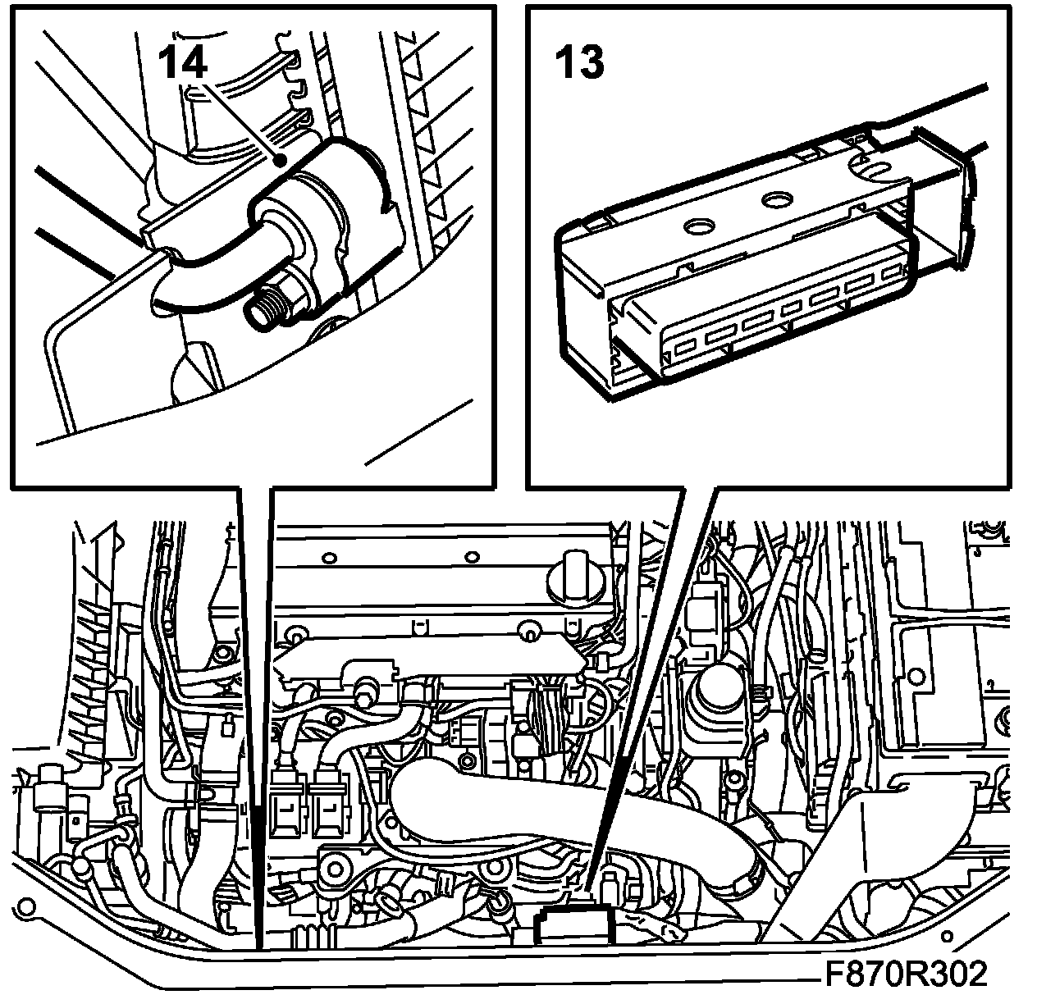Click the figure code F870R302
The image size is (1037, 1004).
(x=905, y=975)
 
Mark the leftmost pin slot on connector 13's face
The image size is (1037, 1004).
(x=682, y=349)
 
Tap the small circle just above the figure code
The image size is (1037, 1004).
(x=949, y=936)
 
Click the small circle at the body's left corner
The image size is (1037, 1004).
(x=29, y=907)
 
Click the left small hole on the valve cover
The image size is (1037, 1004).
(x=329, y=558)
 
